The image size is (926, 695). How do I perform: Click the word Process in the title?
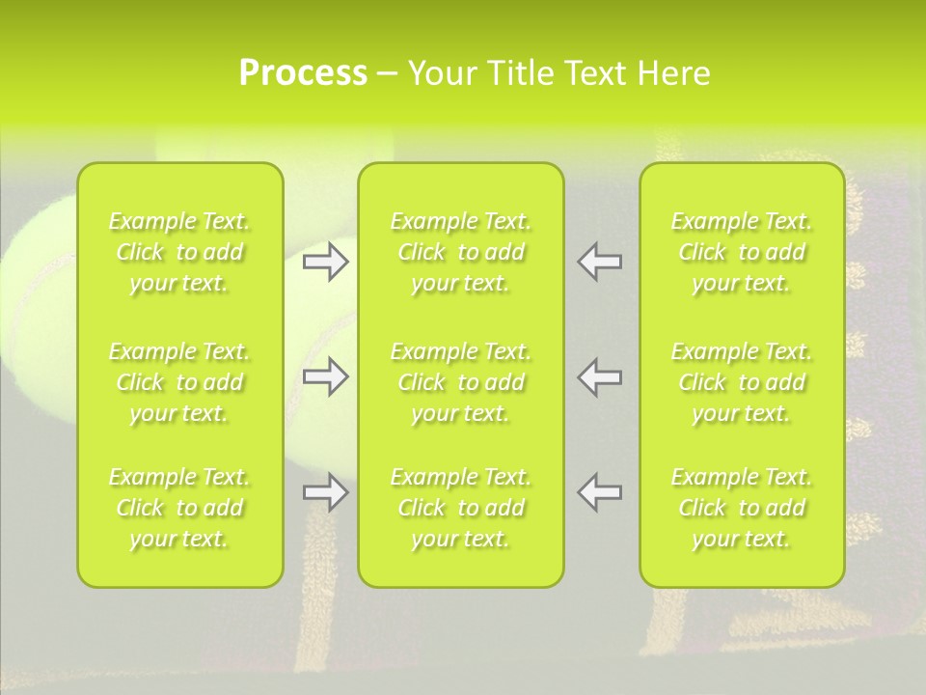pyautogui.click(x=303, y=73)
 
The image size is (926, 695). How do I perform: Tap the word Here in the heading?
pyautogui.click(x=672, y=73)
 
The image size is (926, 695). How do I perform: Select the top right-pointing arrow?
pyautogui.click(x=326, y=261)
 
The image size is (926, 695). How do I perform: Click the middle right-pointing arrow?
pyautogui.click(x=326, y=376)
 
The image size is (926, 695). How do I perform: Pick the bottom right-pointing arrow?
pyautogui.click(x=326, y=492)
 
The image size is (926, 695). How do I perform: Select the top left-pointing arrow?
pyautogui.click(x=600, y=261)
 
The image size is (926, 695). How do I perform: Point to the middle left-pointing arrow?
pyautogui.click(x=600, y=376)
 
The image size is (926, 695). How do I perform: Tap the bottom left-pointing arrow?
pyautogui.click(x=600, y=492)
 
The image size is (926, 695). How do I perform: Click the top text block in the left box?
pyautogui.click(x=179, y=252)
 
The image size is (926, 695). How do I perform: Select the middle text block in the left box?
pyautogui.click(x=179, y=382)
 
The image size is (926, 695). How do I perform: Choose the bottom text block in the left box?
pyautogui.click(x=179, y=508)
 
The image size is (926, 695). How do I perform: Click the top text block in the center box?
pyautogui.click(x=461, y=252)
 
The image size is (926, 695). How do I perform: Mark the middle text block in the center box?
pyautogui.click(x=461, y=382)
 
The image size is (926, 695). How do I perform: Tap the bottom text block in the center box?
pyautogui.click(x=461, y=508)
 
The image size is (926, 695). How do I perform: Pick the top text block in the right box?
pyautogui.click(x=742, y=252)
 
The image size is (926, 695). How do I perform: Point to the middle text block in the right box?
pyautogui.click(x=742, y=382)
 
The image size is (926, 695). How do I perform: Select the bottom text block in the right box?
pyautogui.click(x=742, y=508)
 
